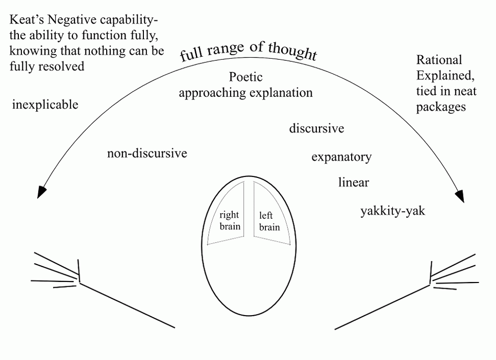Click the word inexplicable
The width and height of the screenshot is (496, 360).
pyautogui.click(x=45, y=105)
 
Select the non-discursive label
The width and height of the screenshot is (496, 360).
pyautogui.click(x=147, y=153)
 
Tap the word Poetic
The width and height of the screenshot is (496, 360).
pyautogui.click(x=245, y=77)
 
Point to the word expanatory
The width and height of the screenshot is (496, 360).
pyautogui.click(x=341, y=157)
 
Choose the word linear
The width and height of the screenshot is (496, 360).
pyautogui.click(x=353, y=182)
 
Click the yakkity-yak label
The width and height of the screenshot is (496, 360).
pyautogui.click(x=392, y=211)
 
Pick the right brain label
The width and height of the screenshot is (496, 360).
pyautogui.click(x=230, y=220)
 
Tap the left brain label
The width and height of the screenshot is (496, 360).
pyautogui.click(x=269, y=221)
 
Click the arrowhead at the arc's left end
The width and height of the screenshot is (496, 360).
pyautogui.click(x=42, y=192)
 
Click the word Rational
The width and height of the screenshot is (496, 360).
pyautogui.click(x=439, y=60)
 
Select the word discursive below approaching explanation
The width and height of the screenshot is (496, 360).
pyautogui.click(x=316, y=128)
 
